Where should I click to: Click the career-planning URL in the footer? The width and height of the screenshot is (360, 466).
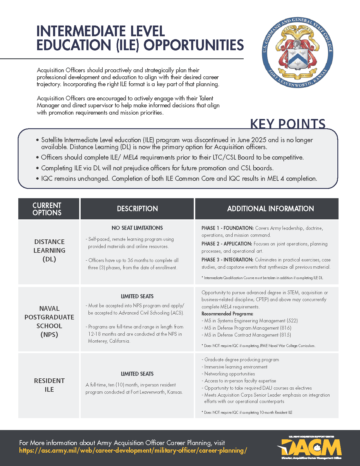coord(133,451)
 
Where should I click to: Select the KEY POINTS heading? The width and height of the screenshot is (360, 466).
coord(288,124)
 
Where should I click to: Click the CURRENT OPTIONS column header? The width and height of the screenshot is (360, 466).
coord(47,209)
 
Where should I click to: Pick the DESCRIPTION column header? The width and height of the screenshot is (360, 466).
coord(137,209)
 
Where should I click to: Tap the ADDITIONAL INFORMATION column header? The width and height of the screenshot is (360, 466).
coord(270,209)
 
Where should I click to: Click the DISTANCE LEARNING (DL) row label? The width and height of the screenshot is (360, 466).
coord(49,250)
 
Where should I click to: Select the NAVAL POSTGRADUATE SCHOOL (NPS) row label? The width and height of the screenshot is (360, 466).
coord(49,321)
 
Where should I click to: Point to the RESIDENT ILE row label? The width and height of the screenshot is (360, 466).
coord(49,385)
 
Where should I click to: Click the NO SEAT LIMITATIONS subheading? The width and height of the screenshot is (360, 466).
coord(137,228)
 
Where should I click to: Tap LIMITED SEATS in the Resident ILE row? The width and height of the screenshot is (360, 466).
coord(137,374)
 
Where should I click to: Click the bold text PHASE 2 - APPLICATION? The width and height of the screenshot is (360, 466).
coord(227,244)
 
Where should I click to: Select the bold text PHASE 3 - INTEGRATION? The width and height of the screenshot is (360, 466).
coord(227,260)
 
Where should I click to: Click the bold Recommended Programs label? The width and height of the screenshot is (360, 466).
coord(227,314)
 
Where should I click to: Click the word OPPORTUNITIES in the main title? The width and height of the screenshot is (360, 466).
coord(194,45)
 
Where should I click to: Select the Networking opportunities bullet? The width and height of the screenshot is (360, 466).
coord(229,374)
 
